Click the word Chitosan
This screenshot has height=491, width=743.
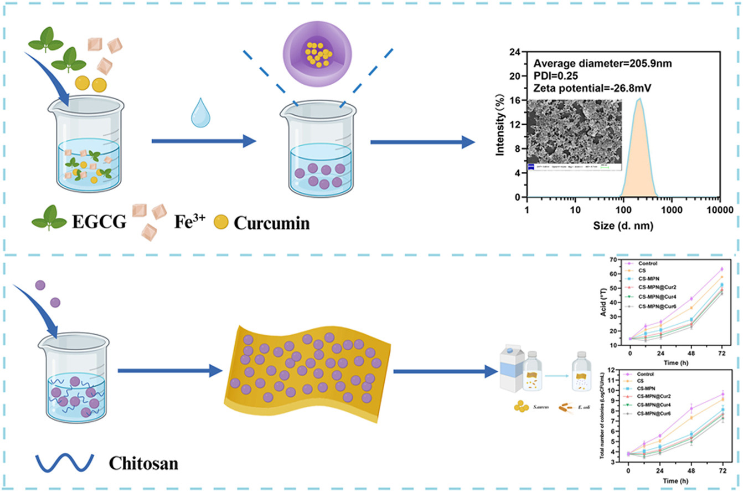(x=143, y=462)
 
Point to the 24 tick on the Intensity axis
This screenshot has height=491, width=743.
(x=516, y=53)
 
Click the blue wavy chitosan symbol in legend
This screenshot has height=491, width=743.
(x=61, y=462)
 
